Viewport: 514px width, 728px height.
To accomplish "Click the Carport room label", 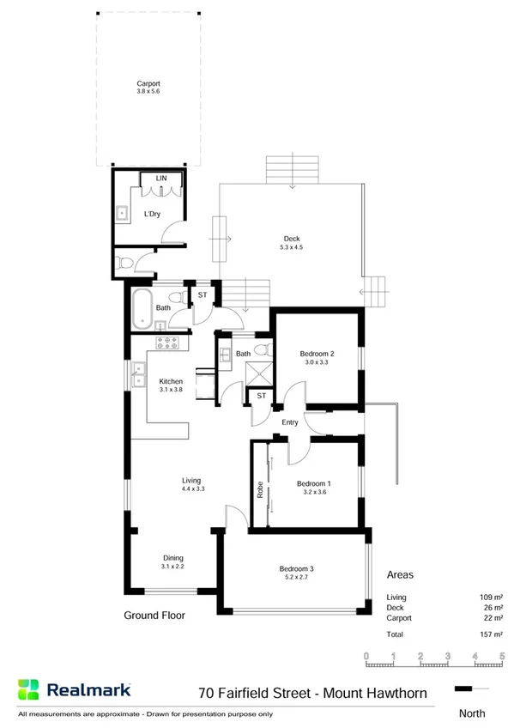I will [x=149, y=84].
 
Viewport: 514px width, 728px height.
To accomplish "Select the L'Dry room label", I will [x=152, y=214].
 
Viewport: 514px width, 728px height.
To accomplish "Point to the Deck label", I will [x=292, y=240].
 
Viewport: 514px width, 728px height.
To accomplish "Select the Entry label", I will [x=289, y=422].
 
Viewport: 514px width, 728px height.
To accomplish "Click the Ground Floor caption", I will [x=154, y=615].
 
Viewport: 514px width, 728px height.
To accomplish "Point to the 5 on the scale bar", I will [x=501, y=656].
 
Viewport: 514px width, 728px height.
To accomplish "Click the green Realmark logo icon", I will [x=29, y=689].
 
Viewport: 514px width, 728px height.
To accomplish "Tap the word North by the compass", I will [x=471, y=713].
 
